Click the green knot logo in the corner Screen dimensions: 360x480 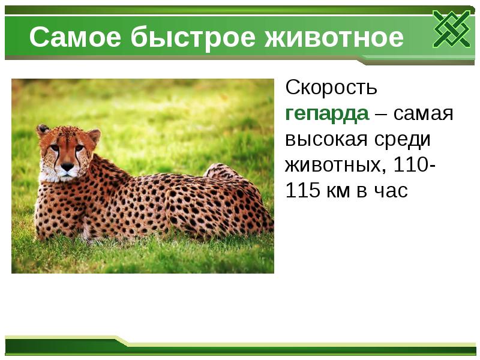pos(452,29)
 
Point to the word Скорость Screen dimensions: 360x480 pos(331,88)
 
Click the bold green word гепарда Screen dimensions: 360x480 pos(326,113)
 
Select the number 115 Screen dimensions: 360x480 pos(303,191)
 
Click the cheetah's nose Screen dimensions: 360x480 pos(66,166)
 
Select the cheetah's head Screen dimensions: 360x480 pos(67,153)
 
